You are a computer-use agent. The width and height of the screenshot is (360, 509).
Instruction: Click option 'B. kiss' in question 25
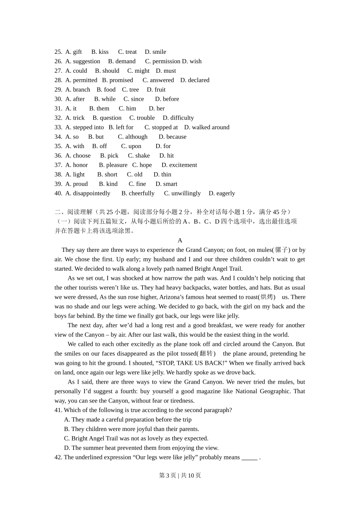(100, 52)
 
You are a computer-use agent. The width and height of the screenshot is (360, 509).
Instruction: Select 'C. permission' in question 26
(163, 61)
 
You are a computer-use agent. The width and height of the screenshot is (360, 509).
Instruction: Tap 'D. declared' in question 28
(195, 80)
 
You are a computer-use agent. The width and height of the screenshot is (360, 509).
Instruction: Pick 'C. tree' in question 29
(130, 90)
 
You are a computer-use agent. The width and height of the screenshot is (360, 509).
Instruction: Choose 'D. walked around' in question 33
(207, 127)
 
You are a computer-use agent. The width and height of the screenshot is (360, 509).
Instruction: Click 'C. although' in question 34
(133, 137)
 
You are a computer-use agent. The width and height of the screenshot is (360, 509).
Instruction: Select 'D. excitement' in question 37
(179, 165)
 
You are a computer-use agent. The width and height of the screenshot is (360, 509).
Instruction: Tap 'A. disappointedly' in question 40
(88, 193)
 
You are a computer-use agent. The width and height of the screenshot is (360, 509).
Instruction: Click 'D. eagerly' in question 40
(222, 193)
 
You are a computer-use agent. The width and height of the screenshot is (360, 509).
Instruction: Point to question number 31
(58, 108)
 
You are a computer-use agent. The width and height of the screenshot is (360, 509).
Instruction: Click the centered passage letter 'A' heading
(180, 240)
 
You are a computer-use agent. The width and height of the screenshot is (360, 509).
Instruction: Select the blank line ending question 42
(249, 457)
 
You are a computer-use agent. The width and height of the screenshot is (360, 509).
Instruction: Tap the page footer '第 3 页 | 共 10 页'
(180, 475)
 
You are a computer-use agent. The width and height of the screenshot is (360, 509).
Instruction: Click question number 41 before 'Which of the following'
(58, 410)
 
